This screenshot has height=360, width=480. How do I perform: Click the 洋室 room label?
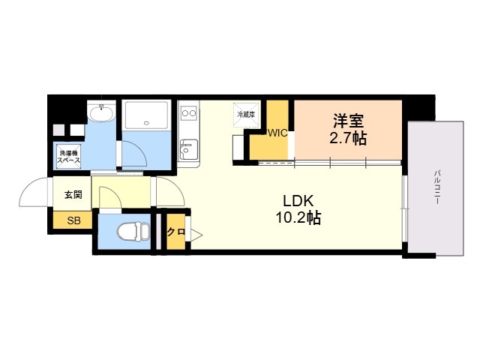pyautogui.click(x=348, y=121)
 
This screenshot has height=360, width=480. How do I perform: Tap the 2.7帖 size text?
pyautogui.click(x=348, y=138)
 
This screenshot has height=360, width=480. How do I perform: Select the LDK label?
pyautogui.click(x=298, y=201)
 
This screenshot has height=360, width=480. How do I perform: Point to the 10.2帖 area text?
pyautogui.click(x=298, y=218)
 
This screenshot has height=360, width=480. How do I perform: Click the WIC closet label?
pyautogui.click(x=277, y=133)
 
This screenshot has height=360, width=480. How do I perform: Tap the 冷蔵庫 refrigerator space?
pyautogui.click(x=246, y=115)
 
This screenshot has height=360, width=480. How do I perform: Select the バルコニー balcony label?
pyautogui.click(x=437, y=187)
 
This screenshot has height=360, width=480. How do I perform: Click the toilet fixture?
pyautogui.click(x=133, y=232)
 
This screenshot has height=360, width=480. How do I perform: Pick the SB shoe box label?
pyautogui.click(x=73, y=220)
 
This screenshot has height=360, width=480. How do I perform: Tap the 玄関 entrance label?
pyautogui.click(x=73, y=194)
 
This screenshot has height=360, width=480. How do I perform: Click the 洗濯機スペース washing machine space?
pyautogui.click(x=69, y=157)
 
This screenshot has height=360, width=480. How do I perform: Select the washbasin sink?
pyautogui.click(x=101, y=112)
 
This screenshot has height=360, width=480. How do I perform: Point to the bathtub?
pyautogui.click(x=147, y=115)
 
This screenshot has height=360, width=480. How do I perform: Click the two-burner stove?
pyautogui.click(x=188, y=113)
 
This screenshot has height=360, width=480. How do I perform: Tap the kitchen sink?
pyautogui.click(x=188, y=149)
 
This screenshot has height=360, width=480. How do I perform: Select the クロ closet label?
pyautogui.click(x=176, y=232)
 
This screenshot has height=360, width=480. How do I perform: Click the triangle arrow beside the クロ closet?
pyautogui.click(x=196, y=235)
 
